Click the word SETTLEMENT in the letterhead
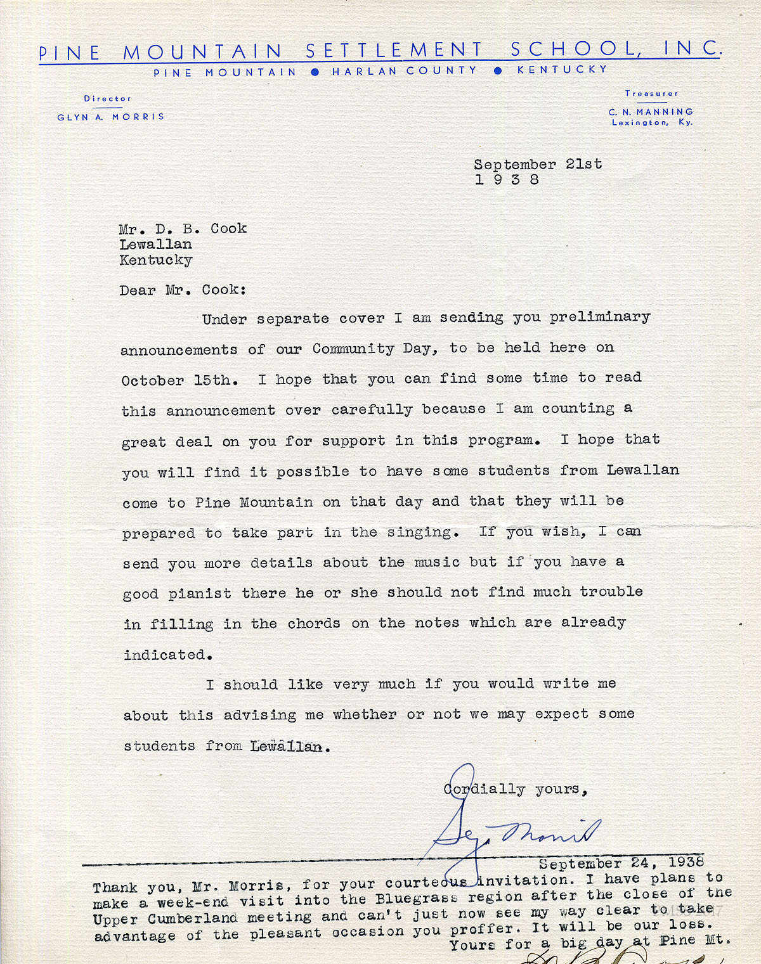click(394, 50)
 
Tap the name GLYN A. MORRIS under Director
click(111, 117)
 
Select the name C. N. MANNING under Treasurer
click(651, 112)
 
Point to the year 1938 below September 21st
click(507, 180)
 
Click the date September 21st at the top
click(538, 164)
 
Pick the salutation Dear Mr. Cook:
click(183, 290)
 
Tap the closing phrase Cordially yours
click(515, 789)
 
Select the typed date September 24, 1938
click(621, 863)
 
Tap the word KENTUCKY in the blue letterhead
click(562, 70)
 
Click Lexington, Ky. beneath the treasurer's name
click(652, 122)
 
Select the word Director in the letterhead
click(108, 99)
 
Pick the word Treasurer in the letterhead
click(651, 94)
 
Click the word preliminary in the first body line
click(600, 317)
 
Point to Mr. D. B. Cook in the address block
click(183, 229)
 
